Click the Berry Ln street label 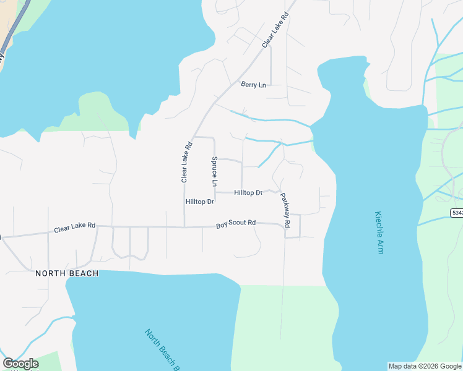253,85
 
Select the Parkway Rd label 285,211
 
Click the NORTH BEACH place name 67,273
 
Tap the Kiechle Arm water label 379,233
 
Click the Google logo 20,364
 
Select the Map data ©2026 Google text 425,366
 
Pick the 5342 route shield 456,213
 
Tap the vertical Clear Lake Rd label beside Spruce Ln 186,163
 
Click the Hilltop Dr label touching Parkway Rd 248,193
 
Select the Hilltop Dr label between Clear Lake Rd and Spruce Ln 199,202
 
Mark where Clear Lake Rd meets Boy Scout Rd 184,227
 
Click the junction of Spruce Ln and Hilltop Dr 215,192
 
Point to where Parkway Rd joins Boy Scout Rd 285,224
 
